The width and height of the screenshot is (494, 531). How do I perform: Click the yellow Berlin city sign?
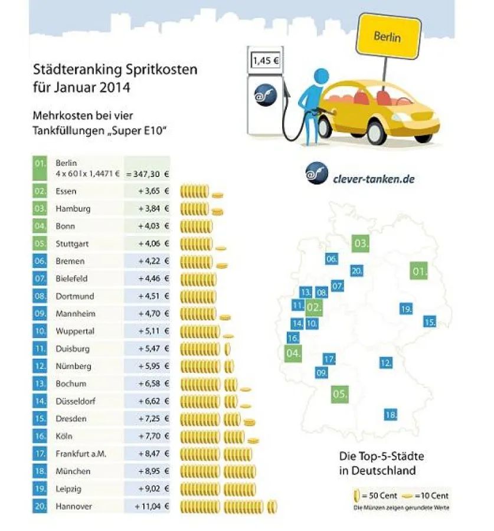(387, 37)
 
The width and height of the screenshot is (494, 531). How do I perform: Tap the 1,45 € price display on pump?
(265, 61)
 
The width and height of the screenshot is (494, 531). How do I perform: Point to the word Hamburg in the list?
(73, 208)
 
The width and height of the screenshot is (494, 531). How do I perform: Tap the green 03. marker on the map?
(360, 243)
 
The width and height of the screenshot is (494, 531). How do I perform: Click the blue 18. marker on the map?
(390, 415)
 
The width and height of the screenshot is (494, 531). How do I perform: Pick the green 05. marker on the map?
(339, 394)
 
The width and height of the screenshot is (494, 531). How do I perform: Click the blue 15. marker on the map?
(429, 322)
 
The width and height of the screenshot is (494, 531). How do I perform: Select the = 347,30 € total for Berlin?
(147, 174)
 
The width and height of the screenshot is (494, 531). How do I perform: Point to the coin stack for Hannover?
(227, 506)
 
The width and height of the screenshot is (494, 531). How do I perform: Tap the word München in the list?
(73, 471)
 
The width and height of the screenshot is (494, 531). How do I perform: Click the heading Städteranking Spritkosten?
(114, 70)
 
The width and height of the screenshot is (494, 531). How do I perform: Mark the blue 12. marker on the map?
(385, 363)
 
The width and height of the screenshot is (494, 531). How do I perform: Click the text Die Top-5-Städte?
(381, 456)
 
